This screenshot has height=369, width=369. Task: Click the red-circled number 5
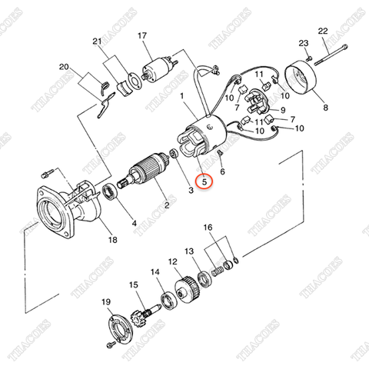(203, 182)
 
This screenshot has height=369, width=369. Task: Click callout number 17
(143, 36)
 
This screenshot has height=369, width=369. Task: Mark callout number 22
(323, 30)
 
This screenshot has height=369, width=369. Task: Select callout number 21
(96, 41)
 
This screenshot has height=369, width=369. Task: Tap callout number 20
(63, 67)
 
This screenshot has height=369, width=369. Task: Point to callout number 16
(208, 228)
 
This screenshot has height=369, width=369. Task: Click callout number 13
(189, 251)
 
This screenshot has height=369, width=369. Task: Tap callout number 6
(222, 172)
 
